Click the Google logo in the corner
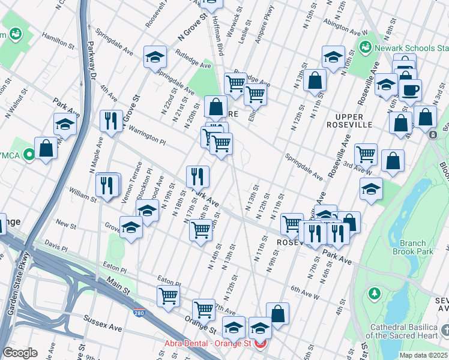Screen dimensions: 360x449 tap(20, 353)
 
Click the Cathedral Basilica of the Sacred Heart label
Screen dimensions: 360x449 tap(409, 331)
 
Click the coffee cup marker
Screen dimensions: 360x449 tap(411, 91)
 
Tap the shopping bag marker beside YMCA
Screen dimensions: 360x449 tap(46, 148)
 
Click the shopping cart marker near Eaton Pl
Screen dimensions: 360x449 tap(169, 295)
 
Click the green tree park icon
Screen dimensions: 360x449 tap(375, 293)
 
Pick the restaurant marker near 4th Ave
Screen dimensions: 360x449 tap(111, 120)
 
